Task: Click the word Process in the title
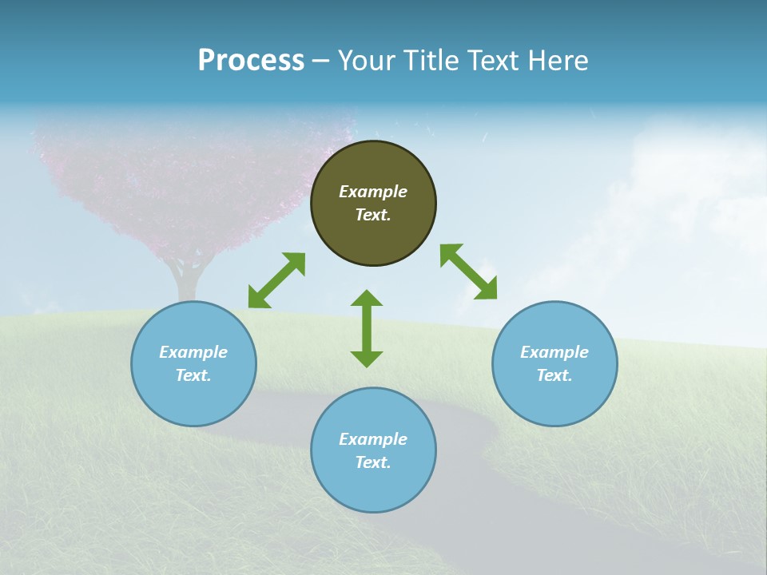click(251, 61)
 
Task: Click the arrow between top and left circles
click(276, 280)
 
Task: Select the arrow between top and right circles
click(468, 272)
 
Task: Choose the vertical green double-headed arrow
click(367, 329)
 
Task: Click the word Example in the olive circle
click(373, 192)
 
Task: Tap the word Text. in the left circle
click(193, 375)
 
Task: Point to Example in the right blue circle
click(554, 352)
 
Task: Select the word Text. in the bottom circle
click(373, 462)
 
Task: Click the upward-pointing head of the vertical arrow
click(367, 299)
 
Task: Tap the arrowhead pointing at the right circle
click(486, 289)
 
